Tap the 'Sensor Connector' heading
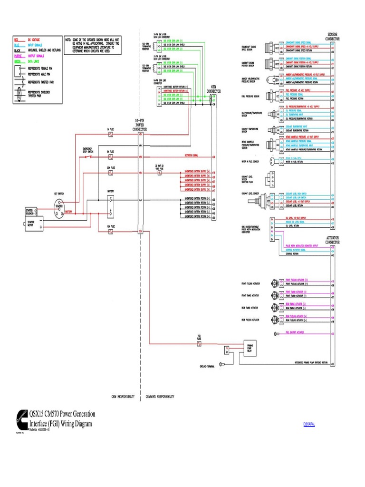pos(332,37)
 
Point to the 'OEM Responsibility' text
pos(123,396)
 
